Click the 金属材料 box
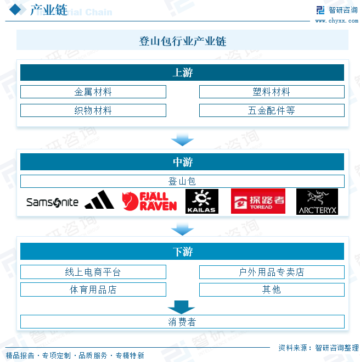(93, 92)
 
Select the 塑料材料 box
(272, 92)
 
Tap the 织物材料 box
(93, 110)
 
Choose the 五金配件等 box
(272, 110)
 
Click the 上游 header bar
(182, 73)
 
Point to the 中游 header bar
(182, 162)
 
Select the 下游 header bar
(182, 252)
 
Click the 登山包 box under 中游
(182, 181)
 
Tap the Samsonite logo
(53, 202)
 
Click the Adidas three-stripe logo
(99, 201)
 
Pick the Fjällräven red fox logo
(149, 202)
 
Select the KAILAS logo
(201, 202)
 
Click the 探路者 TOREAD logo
(258, 202)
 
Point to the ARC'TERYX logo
(317, 202)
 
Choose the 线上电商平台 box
(93, 272)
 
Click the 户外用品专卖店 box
(272, 272)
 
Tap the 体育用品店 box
(93, 289)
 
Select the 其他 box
(272, 289)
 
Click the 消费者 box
(182, 322)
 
